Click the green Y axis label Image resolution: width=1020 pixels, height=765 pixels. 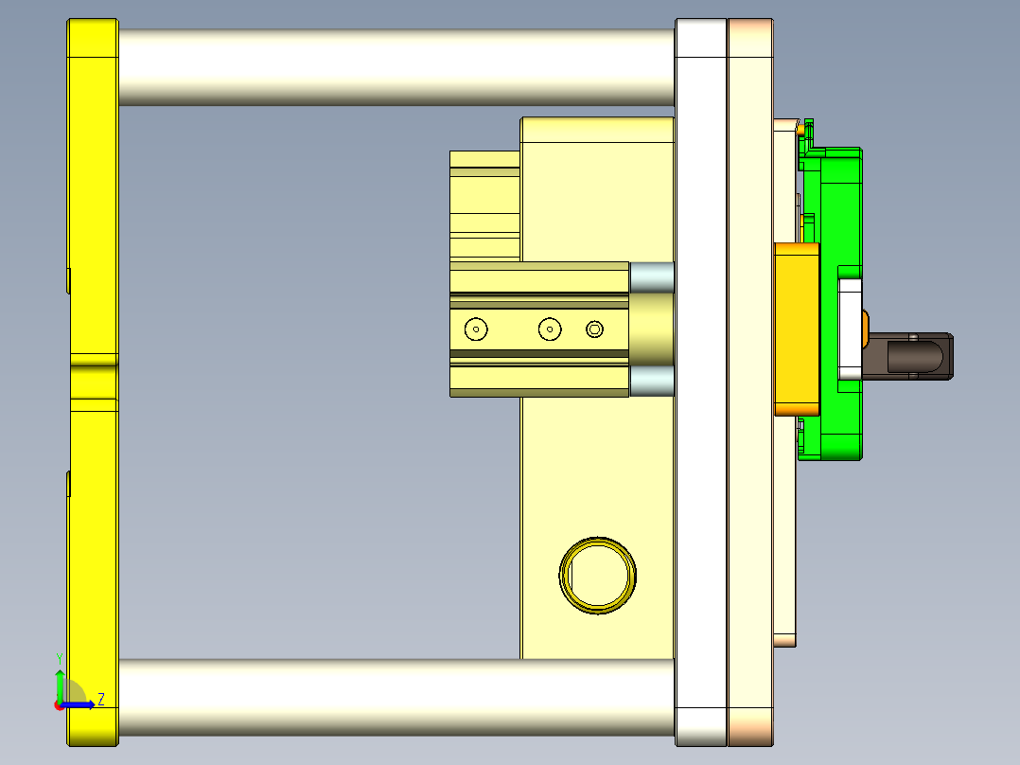pos(59,658)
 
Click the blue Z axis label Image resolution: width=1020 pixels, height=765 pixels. pos(100,700)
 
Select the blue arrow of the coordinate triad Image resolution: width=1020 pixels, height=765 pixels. pos(80,704)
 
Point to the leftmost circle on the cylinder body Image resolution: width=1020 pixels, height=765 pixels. pos(476,329)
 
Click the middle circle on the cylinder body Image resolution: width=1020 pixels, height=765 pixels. pos(550,329)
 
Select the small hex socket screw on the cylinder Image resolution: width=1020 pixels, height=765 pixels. pos(594,329)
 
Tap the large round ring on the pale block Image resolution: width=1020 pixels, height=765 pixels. pos(597,575)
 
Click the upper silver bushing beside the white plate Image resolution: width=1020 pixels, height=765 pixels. pos(651,276)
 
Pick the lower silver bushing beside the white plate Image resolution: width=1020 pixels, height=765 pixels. pos(651,382)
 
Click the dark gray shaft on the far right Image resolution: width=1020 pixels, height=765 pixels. pos(913,356)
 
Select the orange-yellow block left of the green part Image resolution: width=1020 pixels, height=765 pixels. pos(797,329)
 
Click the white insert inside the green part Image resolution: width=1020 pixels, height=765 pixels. pos(851,327)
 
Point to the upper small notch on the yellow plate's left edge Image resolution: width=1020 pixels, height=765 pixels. pos(69,280)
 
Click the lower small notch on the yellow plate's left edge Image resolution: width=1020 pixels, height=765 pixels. pos(69,483)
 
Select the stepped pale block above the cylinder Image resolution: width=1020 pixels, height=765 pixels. pos(484,204)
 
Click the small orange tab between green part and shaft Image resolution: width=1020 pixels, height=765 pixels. pos(866,329)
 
